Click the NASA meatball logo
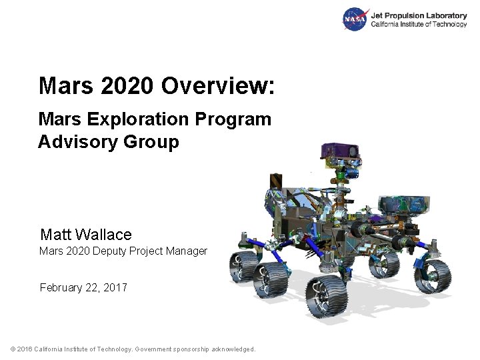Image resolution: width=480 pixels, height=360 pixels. pos(355,19)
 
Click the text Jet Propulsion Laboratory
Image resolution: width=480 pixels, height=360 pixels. pos(418,15)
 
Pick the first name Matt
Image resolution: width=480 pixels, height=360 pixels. pos(55,235)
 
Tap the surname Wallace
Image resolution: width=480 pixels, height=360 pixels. pos(103,235)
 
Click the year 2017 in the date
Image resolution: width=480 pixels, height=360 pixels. pos(114,288)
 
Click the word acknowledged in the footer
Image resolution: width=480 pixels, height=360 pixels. pos(231,349)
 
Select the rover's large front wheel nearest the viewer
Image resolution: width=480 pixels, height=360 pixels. pos(326,297)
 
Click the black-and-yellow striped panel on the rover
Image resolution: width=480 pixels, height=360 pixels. pos(276,181)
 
